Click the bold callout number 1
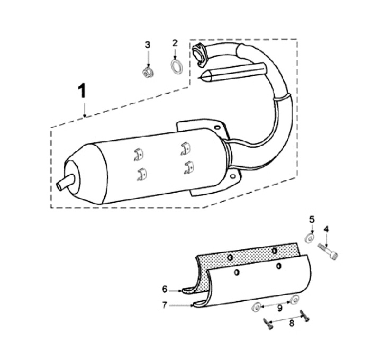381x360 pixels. pos(83,91)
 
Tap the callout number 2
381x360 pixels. pos(175,43)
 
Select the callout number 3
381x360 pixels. pos(148,44)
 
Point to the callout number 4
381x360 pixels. pos(326,229)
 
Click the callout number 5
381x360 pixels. pos(312,219)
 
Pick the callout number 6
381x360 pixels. pos(165,289)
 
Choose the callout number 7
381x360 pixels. pos(165,305)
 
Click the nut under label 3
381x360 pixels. pos(149,73)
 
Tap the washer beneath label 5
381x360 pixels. pos(309,238)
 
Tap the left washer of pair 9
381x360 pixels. pos(256,306)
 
